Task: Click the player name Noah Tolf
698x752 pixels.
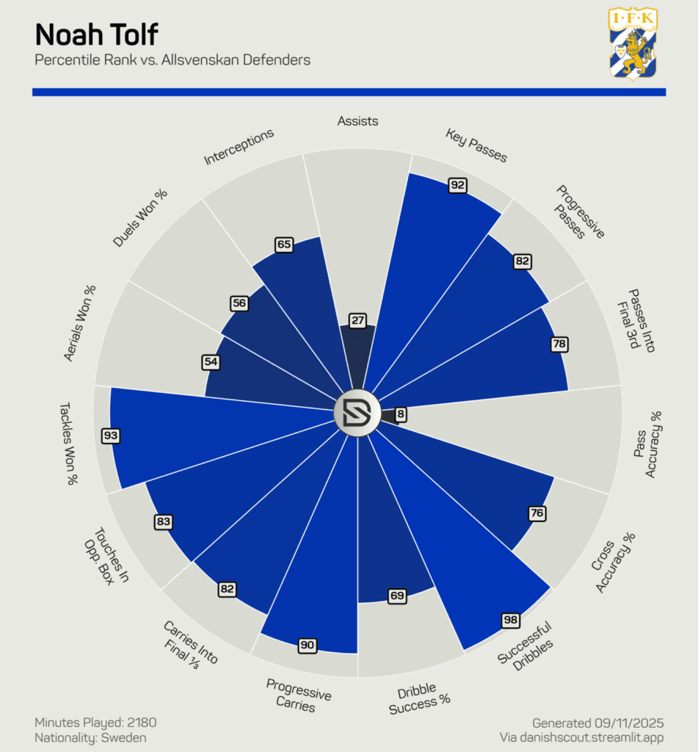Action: pyautogui.click(x=96, y=35)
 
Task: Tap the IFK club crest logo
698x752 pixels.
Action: pyautogui.click(x=633, y=43)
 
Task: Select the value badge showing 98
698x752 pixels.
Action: pyautogui.click(x=511, y=620)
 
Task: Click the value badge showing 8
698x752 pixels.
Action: pyautogui.click(x=400, y=415)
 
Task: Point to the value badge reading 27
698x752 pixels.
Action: pyautogui.click(x=357, y=320)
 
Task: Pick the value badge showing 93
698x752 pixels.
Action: pyautogui.click(x=111, y=435)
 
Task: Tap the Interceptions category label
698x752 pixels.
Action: pyautogui.click(x=239, y=147)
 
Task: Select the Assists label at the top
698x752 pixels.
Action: pyautogui.click(x=357, y=120)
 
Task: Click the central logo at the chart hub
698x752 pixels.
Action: pyautogui.click(x=356, y=414)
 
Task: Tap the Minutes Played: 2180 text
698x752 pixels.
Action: pyautogui.click(x=95, y=723)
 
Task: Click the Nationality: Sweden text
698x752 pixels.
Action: pyautogui.click(x=90, y=737)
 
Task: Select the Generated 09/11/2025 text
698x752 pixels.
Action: pyautogui.click(x=597, y=723)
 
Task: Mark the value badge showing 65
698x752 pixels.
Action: pyautogui.click(x=283, y=245)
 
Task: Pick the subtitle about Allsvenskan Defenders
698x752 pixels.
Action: pyautogui.click(x=172, y=60)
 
